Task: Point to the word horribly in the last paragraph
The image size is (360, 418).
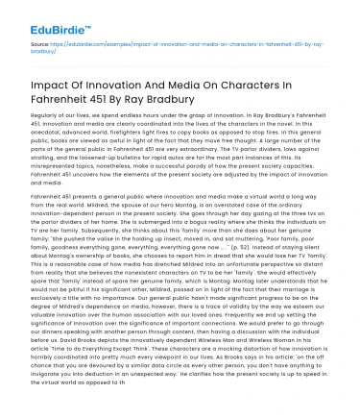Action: [x=26, y=373]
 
